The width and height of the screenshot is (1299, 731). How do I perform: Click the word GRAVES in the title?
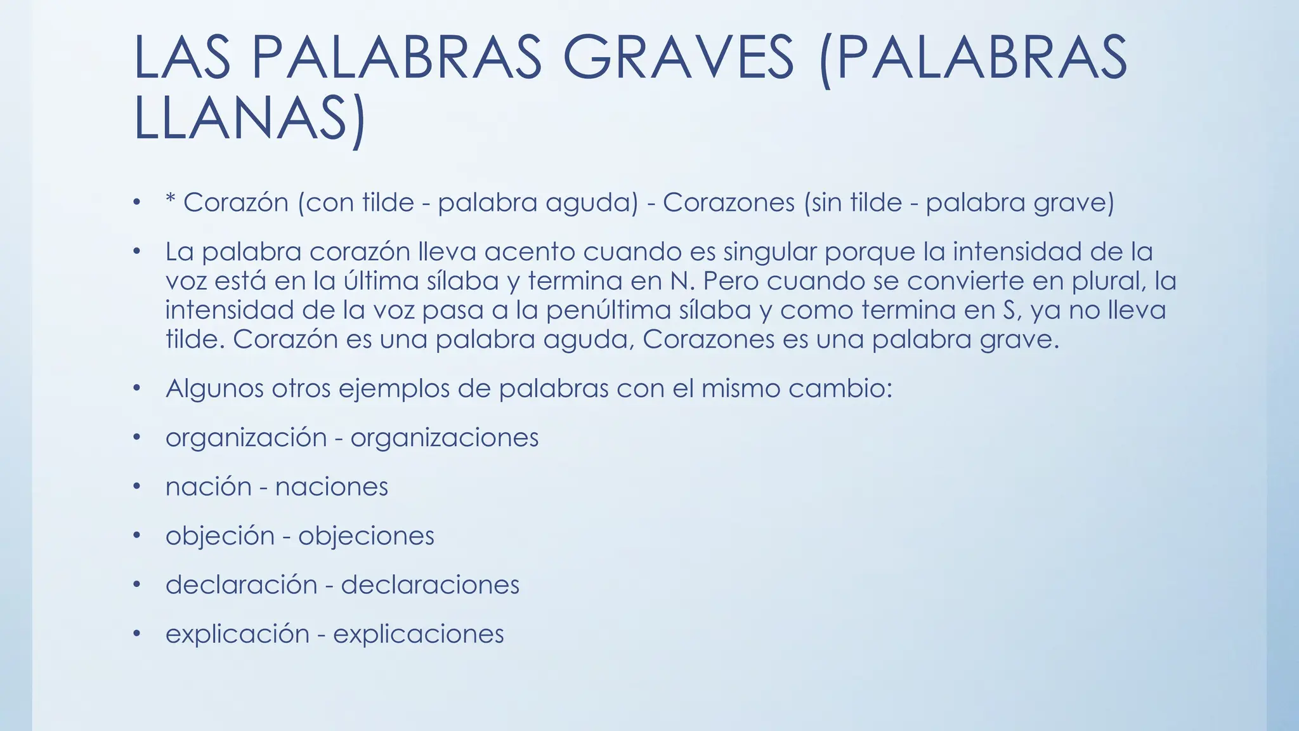tap(678, 58)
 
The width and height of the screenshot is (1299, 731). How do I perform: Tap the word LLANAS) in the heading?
tap(250, 119)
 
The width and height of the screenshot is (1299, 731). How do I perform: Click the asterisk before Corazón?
tap(170, 201)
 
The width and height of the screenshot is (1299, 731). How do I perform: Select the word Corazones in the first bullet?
tap(729, 203)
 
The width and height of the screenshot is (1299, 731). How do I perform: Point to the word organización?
tap(246, 438)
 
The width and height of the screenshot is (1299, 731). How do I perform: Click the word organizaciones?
tap(444, 438)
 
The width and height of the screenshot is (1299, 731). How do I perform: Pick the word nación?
tap(209, 487)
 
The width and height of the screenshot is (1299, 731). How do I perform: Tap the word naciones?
tap(331, 487)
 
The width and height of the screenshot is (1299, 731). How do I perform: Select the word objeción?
tap(219, 537)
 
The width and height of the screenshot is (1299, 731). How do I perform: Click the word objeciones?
tap(366, 537)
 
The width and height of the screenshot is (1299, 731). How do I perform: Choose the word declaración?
tap(241, 585)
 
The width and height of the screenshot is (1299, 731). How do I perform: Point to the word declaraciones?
tap(430, 585)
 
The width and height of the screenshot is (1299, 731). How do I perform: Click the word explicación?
tap(237, 635)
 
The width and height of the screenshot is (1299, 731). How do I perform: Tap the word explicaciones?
tap(418, 635)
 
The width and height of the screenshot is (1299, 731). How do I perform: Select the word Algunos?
tap(214, 389)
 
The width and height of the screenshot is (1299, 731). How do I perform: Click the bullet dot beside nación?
tap(136, 487)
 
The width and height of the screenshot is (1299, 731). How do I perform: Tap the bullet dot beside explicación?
tap(136, 634)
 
